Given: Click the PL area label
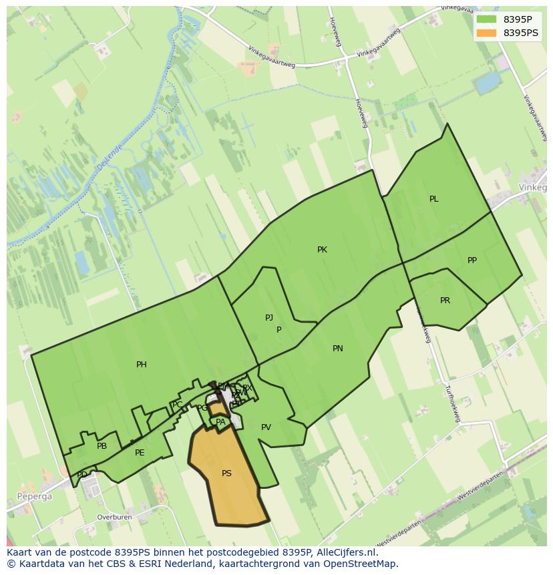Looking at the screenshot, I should [x=433, y=199].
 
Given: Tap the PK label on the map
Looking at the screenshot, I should [x=322, y=250].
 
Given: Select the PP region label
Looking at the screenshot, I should [x=472, y=260].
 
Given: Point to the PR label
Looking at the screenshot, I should [x=445, y=301].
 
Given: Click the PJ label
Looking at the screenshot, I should [x=269, y=318].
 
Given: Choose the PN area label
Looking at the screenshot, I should [x=338, y=349].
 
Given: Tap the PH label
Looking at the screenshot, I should [x=142, y=365].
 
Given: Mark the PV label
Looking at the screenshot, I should [x=266, y=427].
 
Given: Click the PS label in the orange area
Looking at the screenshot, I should [x=226, y=473].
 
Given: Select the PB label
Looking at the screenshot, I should [x=102, y=446].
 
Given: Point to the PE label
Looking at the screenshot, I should [x=140, y=453].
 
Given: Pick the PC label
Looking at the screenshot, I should [x=178, y=405].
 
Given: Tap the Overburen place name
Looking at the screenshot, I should [x=114, y=517].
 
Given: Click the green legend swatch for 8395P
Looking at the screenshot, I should [x=487, y=19].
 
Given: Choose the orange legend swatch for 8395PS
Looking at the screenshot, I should [x=487, y=33].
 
